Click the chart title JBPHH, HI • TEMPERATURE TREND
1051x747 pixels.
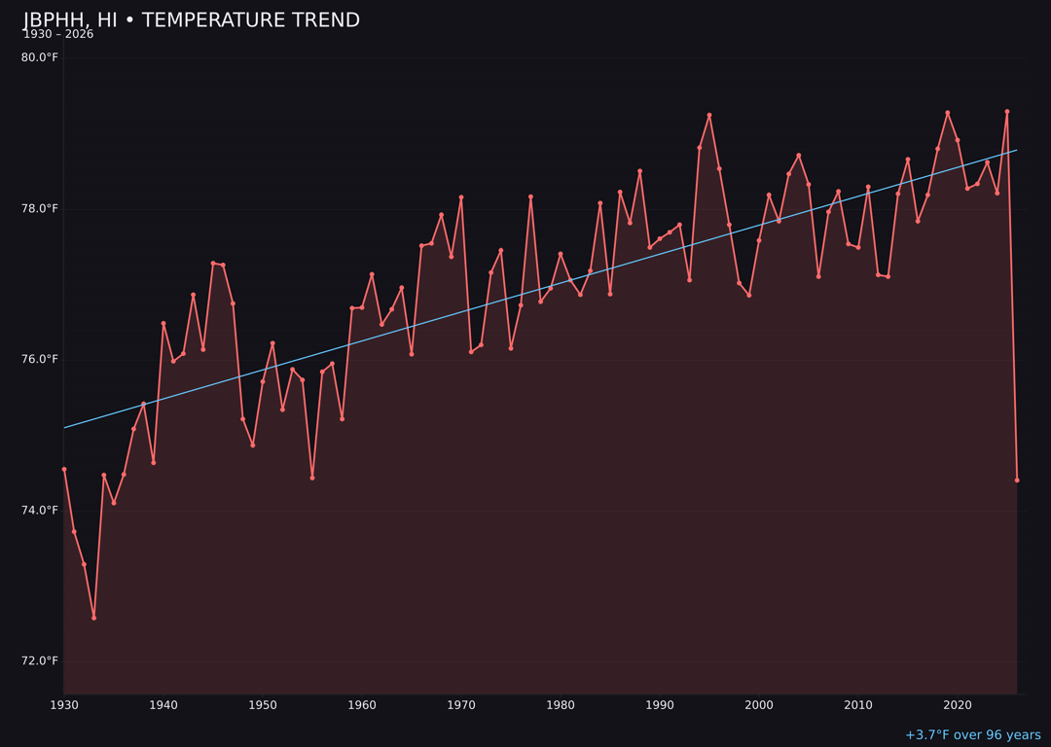coord(192,20)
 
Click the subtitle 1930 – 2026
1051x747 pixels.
coord(58,35)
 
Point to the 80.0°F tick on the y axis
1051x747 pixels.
coord(40,57)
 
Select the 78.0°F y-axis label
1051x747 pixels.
coord(40,208)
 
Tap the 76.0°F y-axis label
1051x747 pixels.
coord(40,359)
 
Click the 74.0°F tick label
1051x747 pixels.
coord(40,510)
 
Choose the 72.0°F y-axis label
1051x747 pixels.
coord(40,660)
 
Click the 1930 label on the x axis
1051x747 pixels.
coord(64,705)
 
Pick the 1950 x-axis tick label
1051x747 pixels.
coord(263,705)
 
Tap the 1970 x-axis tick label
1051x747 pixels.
coord(461,705)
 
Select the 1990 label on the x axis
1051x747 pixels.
coord(660,705)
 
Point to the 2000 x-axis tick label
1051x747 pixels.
coord(759,705)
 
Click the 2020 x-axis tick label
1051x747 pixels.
coord(958,705)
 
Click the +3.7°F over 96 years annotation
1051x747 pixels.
coord(972,735)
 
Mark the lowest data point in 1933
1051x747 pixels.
coord(94,618)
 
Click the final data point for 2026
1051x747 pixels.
coord(1017,480)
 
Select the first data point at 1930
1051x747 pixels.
coord(64,469)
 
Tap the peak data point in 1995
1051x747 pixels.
coord(709,115)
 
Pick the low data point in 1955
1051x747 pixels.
coord(312,478)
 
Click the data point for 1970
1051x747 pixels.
coord(461,197)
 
